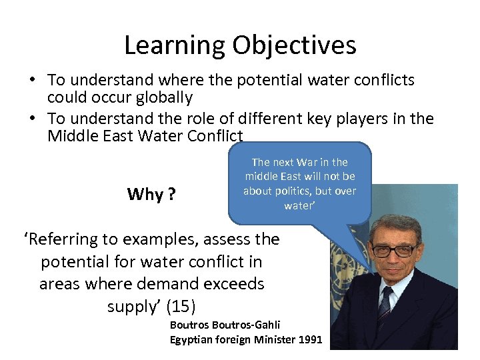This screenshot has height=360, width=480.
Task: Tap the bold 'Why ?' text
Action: pos(151,194)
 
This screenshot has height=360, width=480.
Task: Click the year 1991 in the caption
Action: pos(310,340)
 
